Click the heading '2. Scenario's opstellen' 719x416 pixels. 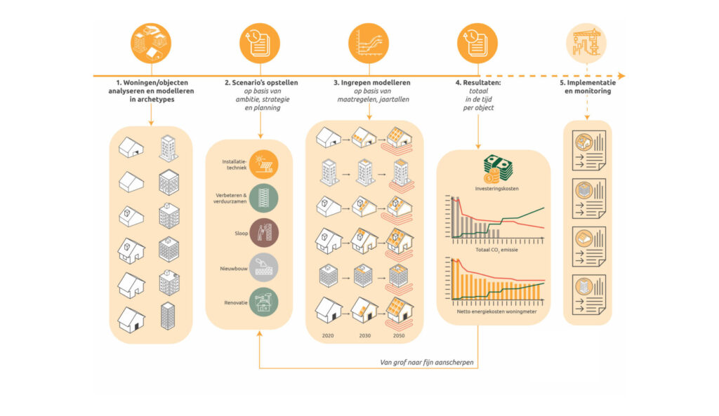[261, 83]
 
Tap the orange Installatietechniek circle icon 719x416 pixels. [264, 166]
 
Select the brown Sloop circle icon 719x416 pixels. [264, 233]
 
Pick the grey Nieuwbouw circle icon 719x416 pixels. [264, 267]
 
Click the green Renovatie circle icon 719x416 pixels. [264, 302]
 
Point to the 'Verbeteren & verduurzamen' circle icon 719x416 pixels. [264, 199]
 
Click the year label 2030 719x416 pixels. [365, 336]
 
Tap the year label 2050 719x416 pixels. [400, 336]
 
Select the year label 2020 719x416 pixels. [328, 336]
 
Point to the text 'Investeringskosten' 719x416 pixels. [495, 189]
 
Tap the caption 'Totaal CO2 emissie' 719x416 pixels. [495, 250]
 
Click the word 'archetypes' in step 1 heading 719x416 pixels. [151, 100]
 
